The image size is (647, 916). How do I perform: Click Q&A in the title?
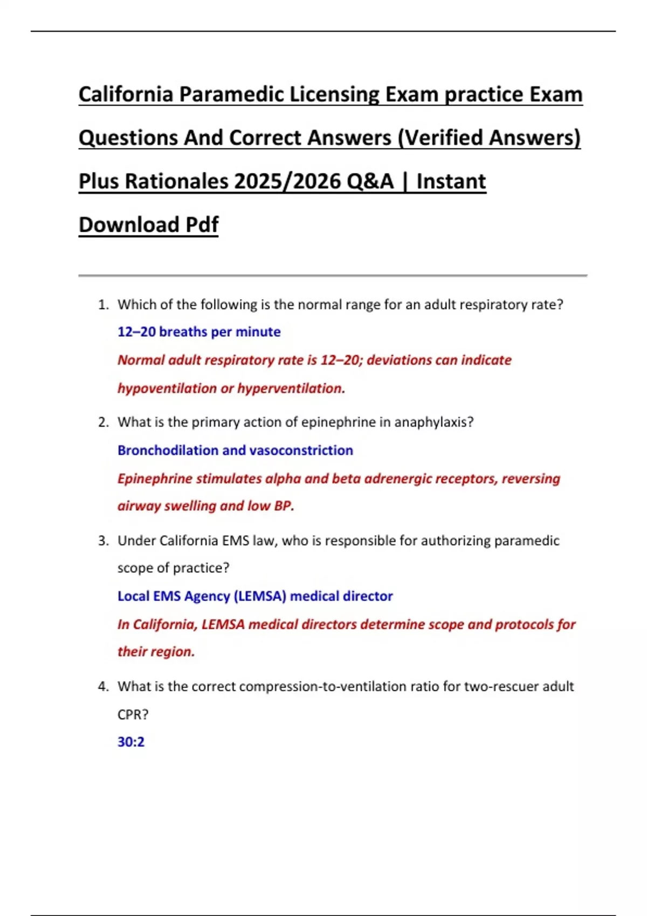370,181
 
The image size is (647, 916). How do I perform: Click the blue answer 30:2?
131,742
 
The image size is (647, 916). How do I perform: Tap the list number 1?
103,305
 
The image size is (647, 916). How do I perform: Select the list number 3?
103,541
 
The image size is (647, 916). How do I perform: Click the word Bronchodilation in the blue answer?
168,450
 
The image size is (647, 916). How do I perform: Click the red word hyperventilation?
291,388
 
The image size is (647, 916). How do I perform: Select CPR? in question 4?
133,714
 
